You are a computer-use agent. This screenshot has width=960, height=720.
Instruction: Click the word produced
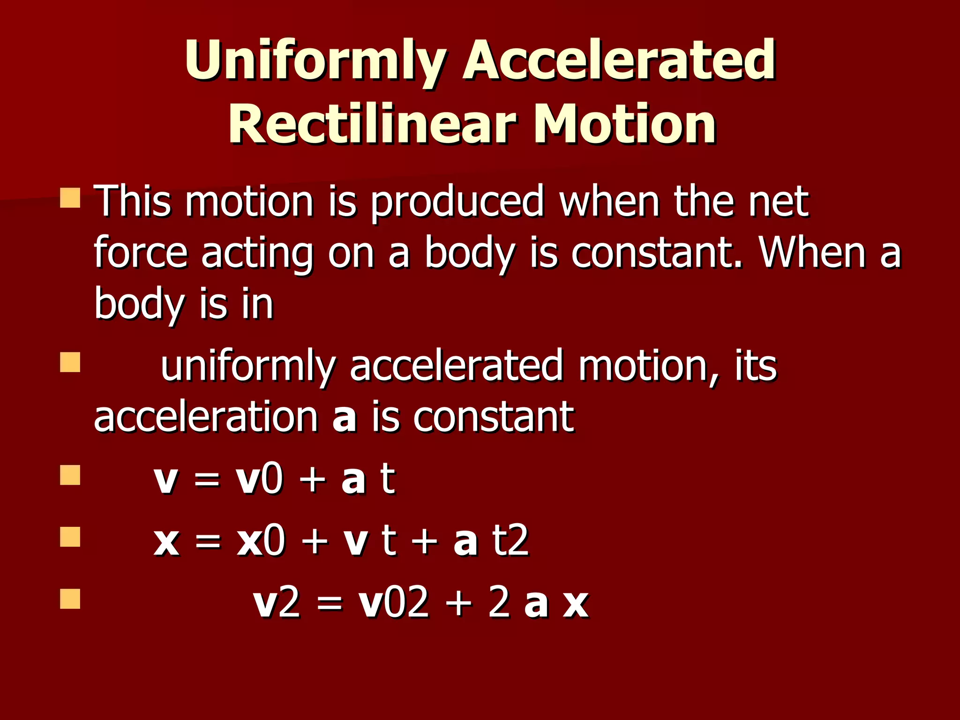coord(457,202)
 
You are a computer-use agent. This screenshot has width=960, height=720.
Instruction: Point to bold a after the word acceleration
coord(345,417)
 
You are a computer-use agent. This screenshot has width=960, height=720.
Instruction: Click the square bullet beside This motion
coord(70,198)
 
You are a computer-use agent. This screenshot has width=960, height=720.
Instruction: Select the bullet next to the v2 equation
coord(70,599)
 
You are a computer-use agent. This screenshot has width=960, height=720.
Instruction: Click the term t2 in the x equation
coord(510,540)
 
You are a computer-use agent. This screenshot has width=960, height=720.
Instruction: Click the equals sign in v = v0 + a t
coord(207,480)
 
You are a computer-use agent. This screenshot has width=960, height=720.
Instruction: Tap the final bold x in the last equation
coord(576,604)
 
